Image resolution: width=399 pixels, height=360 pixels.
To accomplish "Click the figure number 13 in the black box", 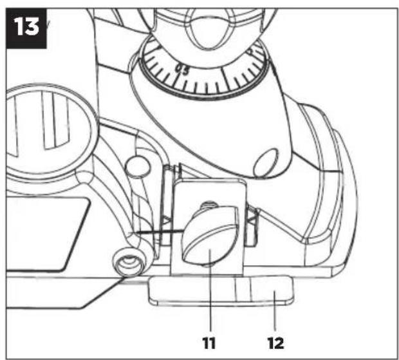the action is click(26, 27).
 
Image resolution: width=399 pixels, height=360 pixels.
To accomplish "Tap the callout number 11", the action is click(209, 343).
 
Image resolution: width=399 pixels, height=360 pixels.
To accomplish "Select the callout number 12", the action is click(276, 343).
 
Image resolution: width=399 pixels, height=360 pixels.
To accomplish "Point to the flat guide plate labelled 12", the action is click(221, 290).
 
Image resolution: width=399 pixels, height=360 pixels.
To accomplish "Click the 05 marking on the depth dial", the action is click(183, 70).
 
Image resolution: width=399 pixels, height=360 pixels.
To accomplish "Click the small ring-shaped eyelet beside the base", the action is click(129, 263).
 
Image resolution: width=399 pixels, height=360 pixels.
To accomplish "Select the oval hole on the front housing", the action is click(266, 163).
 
